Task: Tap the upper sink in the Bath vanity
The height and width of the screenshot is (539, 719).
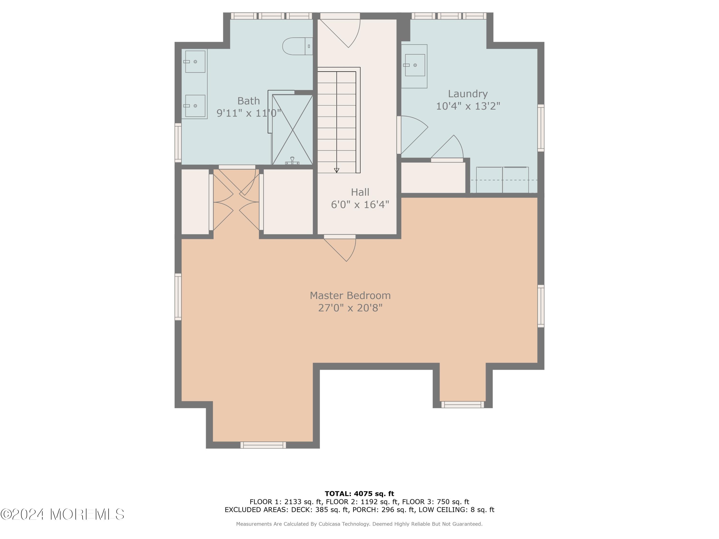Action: pos(195,61)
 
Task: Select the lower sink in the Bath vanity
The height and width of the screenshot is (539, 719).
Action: pos(195,106)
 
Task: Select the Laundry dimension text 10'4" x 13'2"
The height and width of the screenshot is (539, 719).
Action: pos(468,106)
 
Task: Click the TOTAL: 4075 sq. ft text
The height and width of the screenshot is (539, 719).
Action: pos(359,494)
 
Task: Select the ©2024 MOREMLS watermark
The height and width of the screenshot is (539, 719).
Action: pos(62,514)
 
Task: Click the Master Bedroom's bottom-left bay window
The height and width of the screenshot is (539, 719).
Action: pos(263,445)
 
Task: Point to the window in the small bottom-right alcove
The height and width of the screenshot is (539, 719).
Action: pos(463,405)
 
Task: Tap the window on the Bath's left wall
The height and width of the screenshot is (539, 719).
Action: pos(178,142)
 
